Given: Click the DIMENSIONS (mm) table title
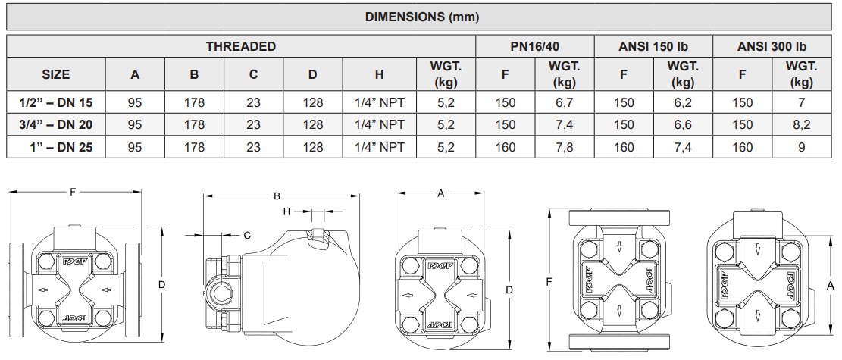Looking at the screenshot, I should tap(422, 17).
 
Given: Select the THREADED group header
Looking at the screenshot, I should tap(241, 46).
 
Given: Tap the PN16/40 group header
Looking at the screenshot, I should tap(534, 46).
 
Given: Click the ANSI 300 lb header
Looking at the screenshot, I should tap(772, 46).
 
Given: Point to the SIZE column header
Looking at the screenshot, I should tap(55, 74).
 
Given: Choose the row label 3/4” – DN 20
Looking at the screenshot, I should tap(55, 124).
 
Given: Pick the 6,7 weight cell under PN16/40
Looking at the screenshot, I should tap(564, 102).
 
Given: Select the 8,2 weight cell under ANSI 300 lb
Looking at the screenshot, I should tap(801, 124).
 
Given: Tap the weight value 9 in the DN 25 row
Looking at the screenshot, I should tap(801, 148).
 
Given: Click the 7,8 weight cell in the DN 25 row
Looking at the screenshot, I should tap(564, 148).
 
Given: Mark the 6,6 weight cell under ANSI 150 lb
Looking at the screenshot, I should tap(682, 124).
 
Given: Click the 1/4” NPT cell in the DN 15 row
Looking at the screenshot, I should tap(379, 102).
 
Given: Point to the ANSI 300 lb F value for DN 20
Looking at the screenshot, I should tap(742, 124).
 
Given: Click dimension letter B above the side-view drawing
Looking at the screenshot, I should tap(277, 196).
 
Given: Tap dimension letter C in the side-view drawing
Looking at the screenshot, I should tap(247, 236).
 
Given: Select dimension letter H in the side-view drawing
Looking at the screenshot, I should tap(287, 211).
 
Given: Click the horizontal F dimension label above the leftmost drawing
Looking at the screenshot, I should tap(73, 192).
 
